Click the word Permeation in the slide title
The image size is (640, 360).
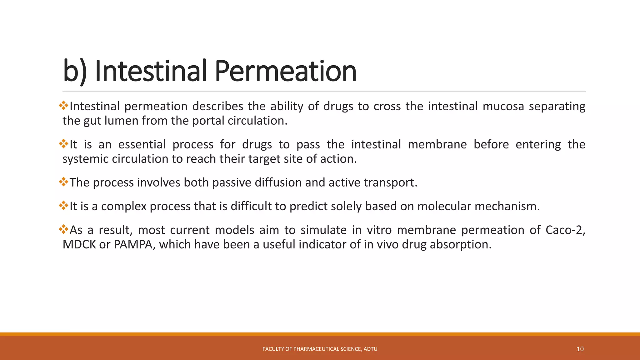pos(285,71)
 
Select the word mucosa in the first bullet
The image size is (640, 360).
pos(503,106)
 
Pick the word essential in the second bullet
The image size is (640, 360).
pos(142,144)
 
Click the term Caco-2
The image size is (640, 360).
pos(565,230)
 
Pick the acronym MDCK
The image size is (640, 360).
pos(79,244)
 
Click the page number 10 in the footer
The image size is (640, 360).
pos(580,349)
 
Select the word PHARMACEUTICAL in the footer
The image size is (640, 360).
pos(316,349)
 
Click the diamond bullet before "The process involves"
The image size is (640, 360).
pos(63,182)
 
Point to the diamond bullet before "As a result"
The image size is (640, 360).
pos(63,229)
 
